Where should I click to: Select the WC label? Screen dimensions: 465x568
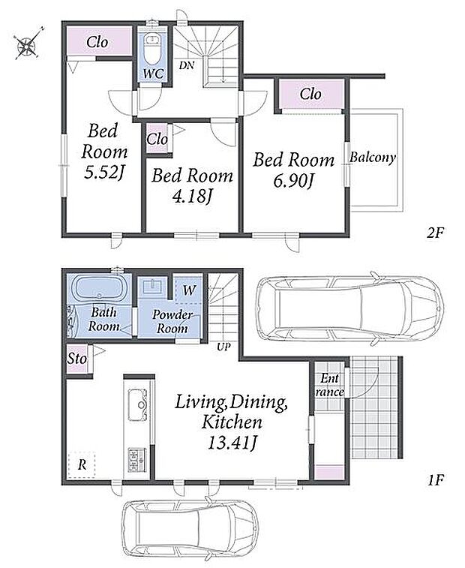point(153,74)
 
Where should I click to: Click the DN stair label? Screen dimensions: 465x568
point(187,65)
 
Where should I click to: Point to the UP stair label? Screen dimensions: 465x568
point(223,347)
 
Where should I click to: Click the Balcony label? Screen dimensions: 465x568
point(372,158)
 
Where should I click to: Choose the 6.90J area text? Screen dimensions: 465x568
point(292,181)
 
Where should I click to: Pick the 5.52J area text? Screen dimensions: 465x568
point(104,173)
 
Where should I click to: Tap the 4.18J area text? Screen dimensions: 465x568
point(192,197)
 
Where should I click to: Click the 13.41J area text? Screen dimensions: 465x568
point(232,442)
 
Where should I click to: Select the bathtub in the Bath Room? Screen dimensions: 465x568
point(97,288)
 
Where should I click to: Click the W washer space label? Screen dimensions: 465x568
point(189,290)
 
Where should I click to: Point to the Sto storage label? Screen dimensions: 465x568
point(76,359)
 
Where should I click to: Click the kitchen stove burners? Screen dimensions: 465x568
point(137,460)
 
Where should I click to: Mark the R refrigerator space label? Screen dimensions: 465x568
point(82,464)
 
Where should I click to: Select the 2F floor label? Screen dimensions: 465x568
point(434,233)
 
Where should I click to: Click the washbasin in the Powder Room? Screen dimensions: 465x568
point(154,286)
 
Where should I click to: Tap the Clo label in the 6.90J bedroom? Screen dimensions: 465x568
point(310,95)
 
